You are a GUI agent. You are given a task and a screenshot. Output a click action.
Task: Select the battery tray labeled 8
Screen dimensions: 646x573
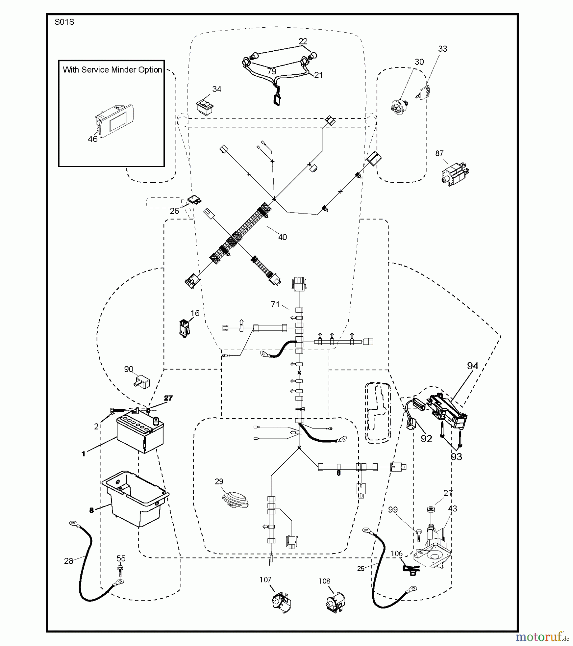[x=135, y=499]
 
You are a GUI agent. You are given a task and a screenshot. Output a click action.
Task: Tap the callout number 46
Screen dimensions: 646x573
[x=93, y=139]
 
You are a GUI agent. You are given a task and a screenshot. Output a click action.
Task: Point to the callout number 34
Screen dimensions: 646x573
[x=217, y=89]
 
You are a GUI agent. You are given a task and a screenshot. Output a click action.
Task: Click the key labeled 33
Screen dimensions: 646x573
[x=424, y=91]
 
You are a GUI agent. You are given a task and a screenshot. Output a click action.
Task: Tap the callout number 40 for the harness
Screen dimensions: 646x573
[x=283, y=237]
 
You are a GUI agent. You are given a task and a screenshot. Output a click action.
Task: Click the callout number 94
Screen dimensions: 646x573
[x=472, y=366]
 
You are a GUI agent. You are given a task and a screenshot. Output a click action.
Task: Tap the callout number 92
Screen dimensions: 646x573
[x=426, y=439]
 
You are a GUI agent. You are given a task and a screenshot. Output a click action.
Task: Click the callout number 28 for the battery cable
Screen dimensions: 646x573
[x=69, y=561]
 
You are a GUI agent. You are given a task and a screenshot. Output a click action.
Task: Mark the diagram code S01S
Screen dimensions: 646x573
[x=64, y=22]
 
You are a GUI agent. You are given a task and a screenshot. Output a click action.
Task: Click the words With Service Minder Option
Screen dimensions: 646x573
[x=112, y=70]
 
